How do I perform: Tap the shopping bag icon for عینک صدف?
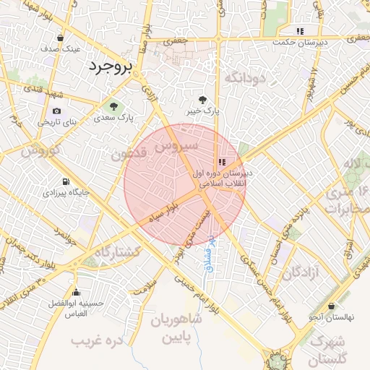60,38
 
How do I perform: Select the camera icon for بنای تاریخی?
56,111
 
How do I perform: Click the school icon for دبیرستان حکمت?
300,31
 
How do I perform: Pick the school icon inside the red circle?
222,162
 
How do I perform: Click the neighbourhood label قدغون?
131,154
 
